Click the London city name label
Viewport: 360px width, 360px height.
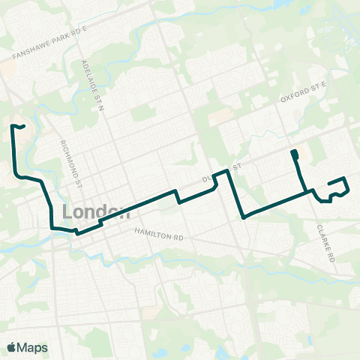point(93,212)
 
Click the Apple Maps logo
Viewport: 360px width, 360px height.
point(11,347)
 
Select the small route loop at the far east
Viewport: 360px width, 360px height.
point(337,187)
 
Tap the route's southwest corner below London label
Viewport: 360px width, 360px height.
point(52,227)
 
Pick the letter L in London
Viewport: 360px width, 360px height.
point(70,212)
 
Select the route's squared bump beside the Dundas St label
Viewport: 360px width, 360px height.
point(220,175)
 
